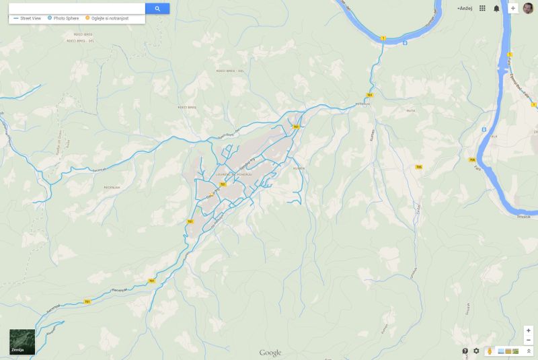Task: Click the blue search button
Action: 157,9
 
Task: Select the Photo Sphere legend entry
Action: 65,18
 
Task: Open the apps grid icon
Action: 482,8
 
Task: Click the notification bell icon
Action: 496,8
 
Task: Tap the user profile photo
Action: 528,8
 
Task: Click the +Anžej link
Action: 465,8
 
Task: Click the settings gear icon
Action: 476,351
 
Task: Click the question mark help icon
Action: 465,351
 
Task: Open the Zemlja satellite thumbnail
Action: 22,342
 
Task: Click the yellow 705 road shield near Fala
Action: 472,159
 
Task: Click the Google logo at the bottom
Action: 270,353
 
